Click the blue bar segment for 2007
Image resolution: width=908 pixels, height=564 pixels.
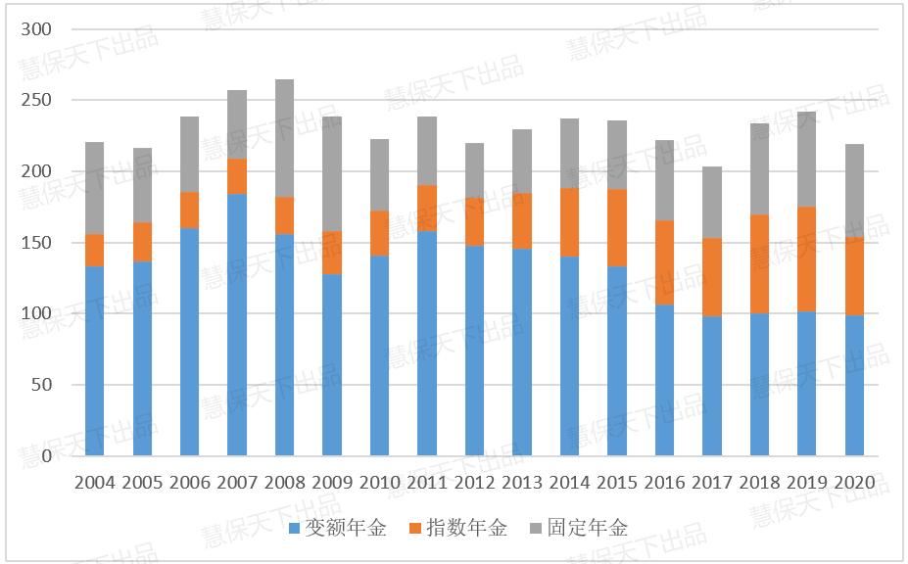(x=237, y=324)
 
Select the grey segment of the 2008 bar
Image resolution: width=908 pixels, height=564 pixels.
(x=284, y=138)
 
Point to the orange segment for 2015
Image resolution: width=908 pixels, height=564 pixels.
(x=617, y=228)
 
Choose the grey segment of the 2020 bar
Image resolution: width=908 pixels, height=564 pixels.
(x=854, y=191)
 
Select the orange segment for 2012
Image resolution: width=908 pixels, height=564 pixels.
(x=474, y=222)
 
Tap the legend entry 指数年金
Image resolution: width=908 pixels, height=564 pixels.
(x=466, y=529)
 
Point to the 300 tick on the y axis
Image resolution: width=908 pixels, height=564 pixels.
(x=36, y=29)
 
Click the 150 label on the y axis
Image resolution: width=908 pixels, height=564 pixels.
(x=36, y=243)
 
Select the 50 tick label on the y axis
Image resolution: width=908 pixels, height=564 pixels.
(x=40, y=385)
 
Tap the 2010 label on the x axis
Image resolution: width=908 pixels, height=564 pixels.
(x=379, y=483)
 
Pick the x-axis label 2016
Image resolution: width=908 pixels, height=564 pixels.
(x=664, y=483)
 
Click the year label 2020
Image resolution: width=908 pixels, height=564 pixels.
(x=854, y=483)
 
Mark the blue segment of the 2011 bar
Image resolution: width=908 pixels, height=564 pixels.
(x=427, y=344)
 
